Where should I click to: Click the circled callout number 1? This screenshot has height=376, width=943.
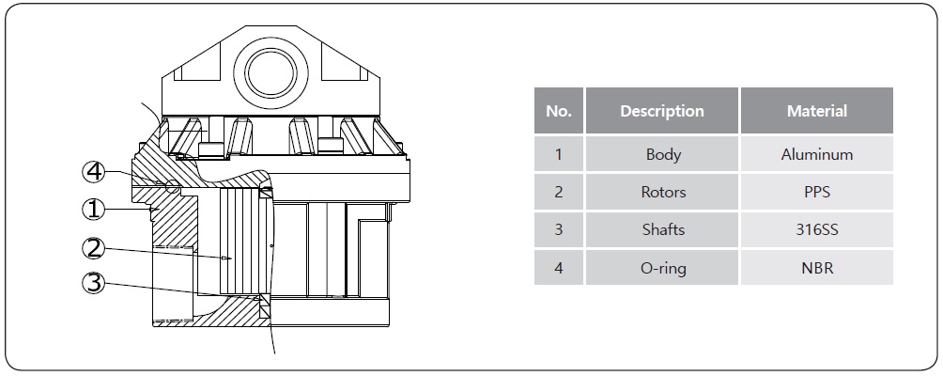93,210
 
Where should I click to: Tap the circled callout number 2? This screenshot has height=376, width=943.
93,247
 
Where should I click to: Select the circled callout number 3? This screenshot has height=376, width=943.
93,283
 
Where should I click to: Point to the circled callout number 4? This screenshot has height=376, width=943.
93,173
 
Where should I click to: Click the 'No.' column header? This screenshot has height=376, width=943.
559,111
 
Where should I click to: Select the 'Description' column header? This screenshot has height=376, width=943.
662,111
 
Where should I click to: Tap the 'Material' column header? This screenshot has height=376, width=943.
817,111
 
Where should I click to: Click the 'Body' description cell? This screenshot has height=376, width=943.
662,154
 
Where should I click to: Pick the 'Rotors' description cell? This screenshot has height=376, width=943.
662,192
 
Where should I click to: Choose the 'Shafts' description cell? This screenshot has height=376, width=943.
662,229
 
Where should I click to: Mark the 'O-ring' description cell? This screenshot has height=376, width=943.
662,267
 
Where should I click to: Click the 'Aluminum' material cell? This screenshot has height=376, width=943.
817,154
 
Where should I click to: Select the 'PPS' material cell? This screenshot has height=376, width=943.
817,192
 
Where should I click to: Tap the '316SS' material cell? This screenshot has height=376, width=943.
817,229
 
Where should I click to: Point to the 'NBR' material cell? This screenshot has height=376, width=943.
817,267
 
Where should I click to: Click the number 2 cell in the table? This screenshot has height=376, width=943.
559,192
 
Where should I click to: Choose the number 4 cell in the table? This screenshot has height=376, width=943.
559,267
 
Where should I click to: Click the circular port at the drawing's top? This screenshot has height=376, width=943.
271,73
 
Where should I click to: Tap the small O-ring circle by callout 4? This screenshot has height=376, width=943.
173,186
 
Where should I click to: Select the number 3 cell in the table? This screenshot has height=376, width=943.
559,229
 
